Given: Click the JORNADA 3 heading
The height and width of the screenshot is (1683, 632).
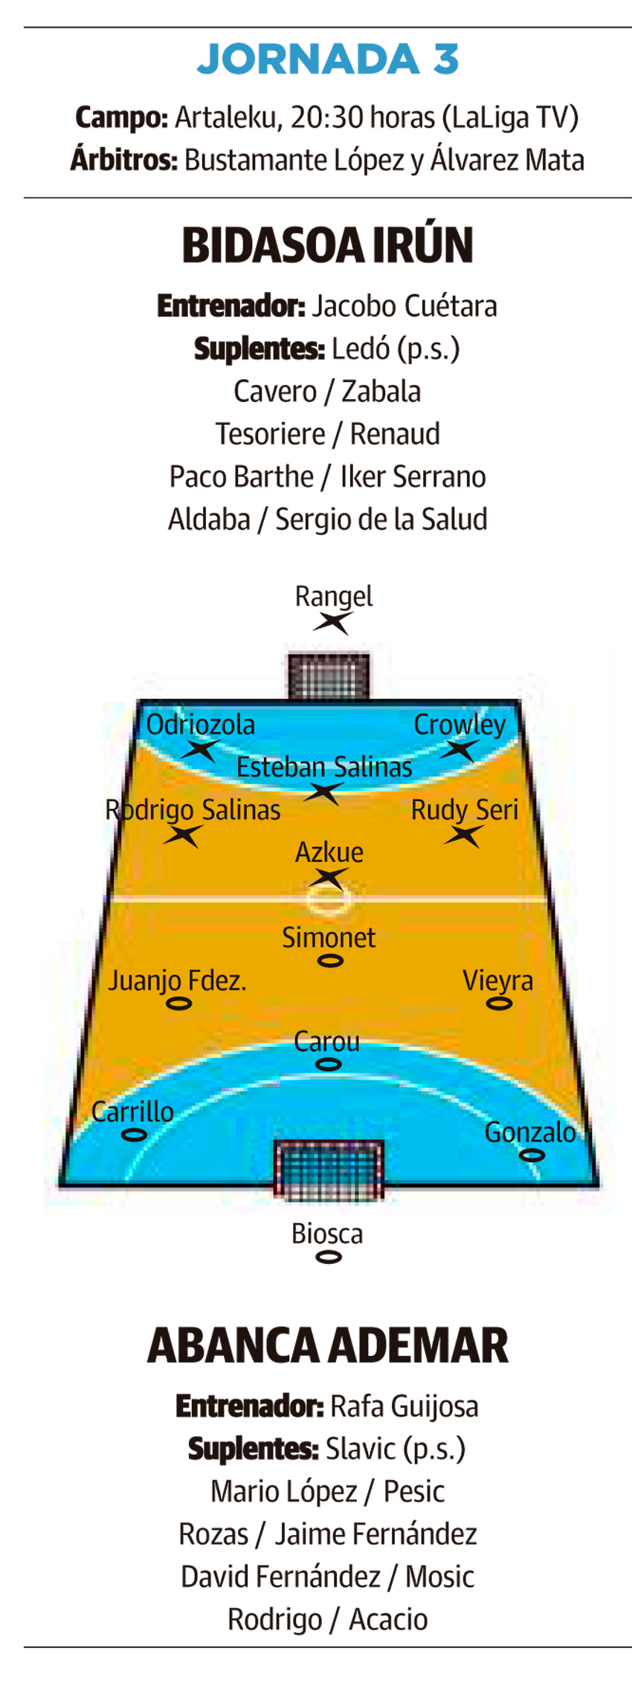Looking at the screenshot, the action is point(327,59).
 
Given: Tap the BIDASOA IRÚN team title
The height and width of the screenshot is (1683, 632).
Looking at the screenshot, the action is point(327,245).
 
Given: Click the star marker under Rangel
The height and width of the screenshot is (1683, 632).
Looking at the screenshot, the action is point(332,623).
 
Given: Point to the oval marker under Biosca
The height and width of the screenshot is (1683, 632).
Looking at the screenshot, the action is point(329,1257).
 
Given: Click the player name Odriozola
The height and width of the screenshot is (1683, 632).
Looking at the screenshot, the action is point(200,724).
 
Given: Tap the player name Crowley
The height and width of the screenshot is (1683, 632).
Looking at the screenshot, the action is point(460,724).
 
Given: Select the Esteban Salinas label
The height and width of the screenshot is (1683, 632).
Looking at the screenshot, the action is point(324,767).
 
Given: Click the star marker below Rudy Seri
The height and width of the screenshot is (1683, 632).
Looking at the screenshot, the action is point(464,836).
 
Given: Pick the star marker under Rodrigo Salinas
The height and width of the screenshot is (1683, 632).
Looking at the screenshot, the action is point(183,836).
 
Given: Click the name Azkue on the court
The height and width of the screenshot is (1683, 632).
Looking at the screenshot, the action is point(329,852).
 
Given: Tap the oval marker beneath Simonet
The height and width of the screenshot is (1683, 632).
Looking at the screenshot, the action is point(330,961).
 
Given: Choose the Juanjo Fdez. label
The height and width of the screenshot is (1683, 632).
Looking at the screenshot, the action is point(177,981).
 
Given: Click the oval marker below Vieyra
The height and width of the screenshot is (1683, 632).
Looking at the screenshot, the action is point(499,1004).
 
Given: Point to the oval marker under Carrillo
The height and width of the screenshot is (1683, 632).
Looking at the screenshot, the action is point(134,1135).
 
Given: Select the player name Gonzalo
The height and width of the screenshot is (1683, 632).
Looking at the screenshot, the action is point(530,1132).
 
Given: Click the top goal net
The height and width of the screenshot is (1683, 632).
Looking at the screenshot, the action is point(329,676).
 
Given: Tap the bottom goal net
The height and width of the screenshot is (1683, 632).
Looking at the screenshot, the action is point(329,1169).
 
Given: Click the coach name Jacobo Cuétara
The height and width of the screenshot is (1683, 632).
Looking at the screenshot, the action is point(404,306).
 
